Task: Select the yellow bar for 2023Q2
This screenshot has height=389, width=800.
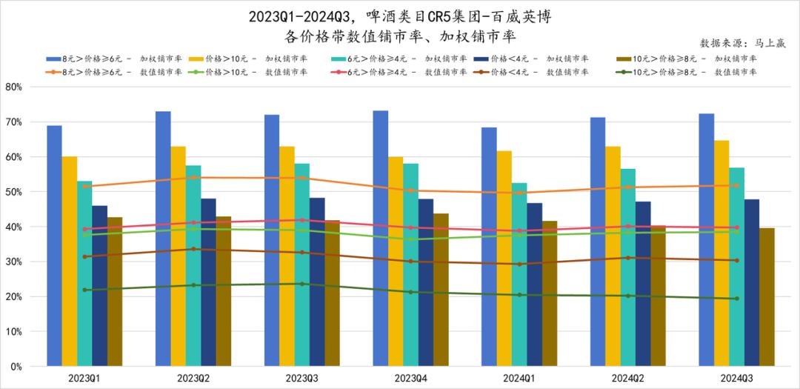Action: [x=178, y=256]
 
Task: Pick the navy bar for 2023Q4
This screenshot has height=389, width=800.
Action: [x=425, y=282]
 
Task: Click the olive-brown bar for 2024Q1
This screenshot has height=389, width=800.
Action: [x=550, y=293]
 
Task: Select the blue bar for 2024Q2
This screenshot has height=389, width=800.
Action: [x=598, y=242]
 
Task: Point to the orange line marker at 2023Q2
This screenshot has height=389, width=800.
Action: [x=193, y=177]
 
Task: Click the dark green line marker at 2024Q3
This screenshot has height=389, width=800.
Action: [x=736, y=299]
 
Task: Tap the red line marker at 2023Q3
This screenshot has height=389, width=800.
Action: [x=301, y=220]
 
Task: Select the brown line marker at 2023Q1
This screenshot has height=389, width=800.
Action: [x=85, y=256]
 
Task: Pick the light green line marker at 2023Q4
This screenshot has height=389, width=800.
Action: [x=410, y=239]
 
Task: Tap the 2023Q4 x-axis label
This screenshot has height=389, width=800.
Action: [x=410, y=378]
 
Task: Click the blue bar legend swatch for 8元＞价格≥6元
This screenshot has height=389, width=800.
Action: [x=53, y=59]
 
